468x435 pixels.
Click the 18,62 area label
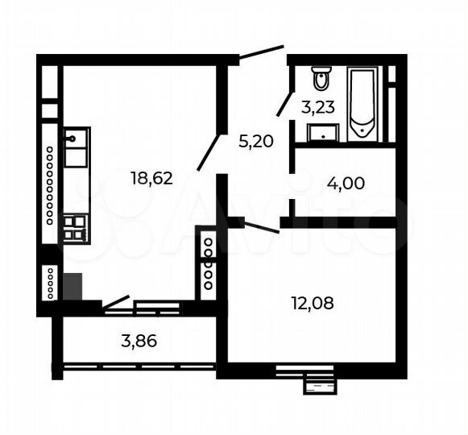[x=151, y=178]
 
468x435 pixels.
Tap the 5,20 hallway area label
[x=256, y=142]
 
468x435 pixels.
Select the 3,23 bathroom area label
[x=318, y=106]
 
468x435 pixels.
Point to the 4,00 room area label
[x=346, y=183]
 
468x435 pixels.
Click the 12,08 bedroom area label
[x=312, y=304]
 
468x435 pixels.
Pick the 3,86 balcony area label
[x=139, y=341]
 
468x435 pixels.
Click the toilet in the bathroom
[x=321, y=79]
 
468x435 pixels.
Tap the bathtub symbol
[x=362, y=103]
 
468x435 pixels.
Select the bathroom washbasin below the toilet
[x=324, y=132]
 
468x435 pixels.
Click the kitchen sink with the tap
[x=77, y=147]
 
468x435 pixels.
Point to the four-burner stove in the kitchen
[x=75, y=227]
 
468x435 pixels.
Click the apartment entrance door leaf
[x=263, y=52]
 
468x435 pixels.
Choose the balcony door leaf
[x=116, y=303]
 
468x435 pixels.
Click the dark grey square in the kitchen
[x=72, y=285]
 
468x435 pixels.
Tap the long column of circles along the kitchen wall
[x=50, y=186]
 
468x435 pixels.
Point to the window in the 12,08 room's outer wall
[x=304, y=371]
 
